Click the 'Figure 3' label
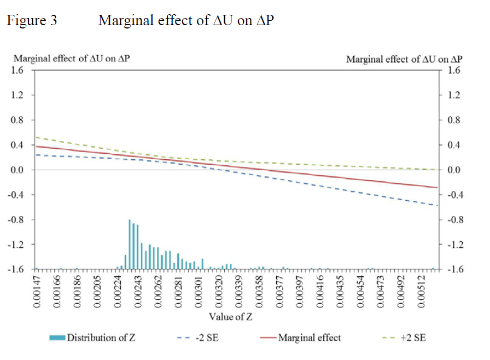[x=31, y=21]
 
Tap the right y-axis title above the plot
[x=404, y=59]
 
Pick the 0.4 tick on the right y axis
[x=454, y=145]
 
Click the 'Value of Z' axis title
[x=230, y=316]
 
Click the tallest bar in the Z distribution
[x=130, y=244]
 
